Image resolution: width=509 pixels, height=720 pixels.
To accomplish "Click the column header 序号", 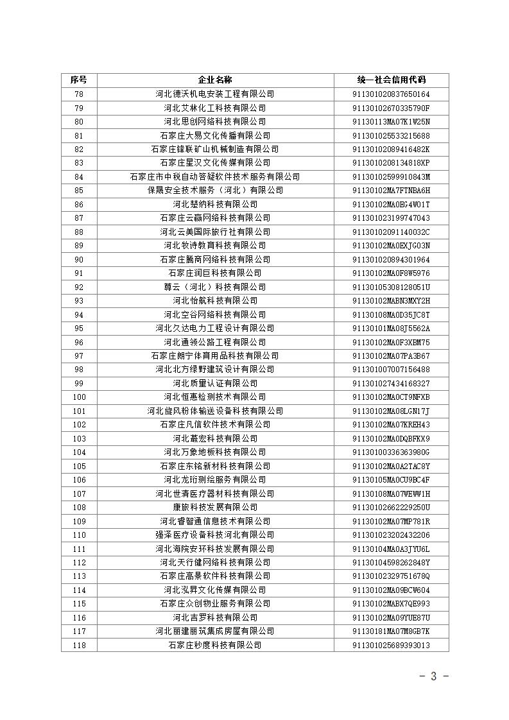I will click(79, 80).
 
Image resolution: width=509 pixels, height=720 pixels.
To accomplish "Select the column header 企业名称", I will click(215, 80).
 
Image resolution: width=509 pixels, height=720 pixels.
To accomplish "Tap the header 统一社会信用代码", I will click(391, 80).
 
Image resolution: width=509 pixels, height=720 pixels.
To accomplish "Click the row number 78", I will click(79, 94).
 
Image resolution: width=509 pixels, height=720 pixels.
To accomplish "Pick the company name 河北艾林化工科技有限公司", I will click(215, 108).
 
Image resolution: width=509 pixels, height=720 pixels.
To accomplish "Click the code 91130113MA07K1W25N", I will click(391, 122).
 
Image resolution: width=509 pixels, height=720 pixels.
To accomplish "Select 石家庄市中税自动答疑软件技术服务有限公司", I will click(215, 176).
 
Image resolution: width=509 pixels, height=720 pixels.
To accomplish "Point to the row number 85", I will click(79, 191).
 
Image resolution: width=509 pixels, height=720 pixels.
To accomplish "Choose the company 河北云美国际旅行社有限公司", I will click(215, 232).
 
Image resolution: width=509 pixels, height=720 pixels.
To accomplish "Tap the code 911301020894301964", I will click(391, 259).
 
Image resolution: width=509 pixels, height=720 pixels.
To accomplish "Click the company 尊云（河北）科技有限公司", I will click(215, 287).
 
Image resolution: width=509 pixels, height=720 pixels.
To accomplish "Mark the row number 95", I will click(79, 328).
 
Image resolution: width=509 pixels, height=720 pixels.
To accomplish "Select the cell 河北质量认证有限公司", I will click(215, 383).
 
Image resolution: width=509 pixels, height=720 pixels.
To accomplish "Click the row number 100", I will click(79, 397).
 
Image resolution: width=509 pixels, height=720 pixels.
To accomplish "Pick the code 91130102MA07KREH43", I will click(391, 424).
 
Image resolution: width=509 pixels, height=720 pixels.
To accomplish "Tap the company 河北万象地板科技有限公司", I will click(215, 452).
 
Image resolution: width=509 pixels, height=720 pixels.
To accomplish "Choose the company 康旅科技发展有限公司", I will click(215, 507).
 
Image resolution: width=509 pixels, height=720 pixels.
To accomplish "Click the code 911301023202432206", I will click(391, 535).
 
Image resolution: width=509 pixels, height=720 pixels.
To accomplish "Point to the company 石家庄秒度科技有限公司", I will click(215, 645).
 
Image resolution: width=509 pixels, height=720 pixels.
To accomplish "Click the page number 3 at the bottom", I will click(433, 676).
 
